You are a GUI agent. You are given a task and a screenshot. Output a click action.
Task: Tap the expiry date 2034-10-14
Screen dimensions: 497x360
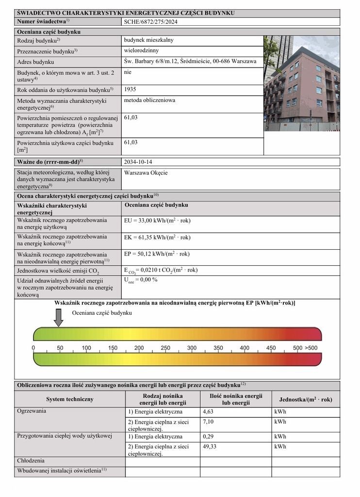141,161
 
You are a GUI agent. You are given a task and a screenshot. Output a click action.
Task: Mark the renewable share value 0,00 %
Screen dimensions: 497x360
141,280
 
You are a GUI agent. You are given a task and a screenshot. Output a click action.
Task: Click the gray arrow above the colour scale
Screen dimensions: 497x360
58,317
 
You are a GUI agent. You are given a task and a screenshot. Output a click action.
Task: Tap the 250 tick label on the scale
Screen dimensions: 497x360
165,348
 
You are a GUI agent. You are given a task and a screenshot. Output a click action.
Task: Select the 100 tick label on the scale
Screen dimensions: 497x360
86,348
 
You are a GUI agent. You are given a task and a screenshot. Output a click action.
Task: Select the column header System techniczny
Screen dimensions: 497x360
69,399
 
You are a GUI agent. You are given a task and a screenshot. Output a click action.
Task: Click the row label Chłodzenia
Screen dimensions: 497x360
31,460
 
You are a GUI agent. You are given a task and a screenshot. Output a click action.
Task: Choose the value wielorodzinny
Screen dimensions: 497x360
141,50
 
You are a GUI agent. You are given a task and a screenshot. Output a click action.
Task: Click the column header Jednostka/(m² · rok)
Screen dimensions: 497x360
306,399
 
